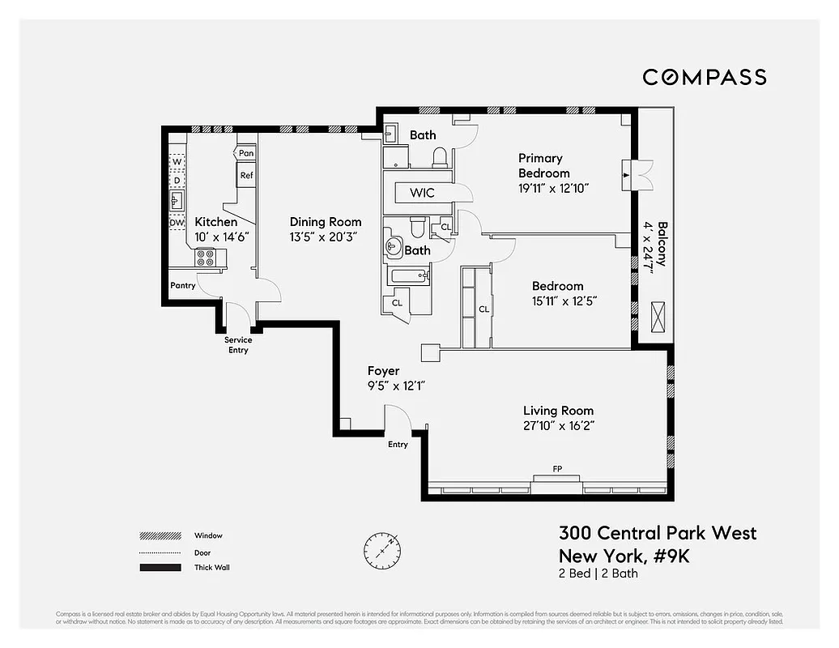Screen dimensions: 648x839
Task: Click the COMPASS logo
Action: (x=704, y=77)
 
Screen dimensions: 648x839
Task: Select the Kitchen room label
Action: (x=216, y=222)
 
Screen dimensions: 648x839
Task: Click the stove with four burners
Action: (x=205, y=258)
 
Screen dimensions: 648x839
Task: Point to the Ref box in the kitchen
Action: (x=246, y=175)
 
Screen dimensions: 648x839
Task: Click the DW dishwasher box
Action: (x=177, y=223)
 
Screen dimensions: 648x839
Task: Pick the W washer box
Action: (x=177, y=161)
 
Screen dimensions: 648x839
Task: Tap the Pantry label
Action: (x=183, y=285)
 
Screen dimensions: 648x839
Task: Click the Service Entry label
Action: (x=238, y=345)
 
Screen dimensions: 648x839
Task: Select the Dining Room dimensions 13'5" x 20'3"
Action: (x=326, y=237)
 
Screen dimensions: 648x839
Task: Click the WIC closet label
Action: (x=422, y=193)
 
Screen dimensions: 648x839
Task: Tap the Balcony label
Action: (x=662, y=243)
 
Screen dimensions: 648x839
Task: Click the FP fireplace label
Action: (x=556, y=469)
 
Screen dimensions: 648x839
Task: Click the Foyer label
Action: (x=383, y=371)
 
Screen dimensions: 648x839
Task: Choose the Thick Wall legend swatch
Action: (x=160, y=568)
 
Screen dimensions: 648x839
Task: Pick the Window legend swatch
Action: (x=160, y=535)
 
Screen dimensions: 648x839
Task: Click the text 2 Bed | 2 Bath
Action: (x=598, y=573)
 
